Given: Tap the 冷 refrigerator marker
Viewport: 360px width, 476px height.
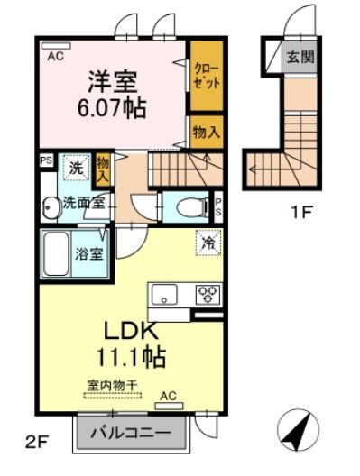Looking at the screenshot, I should point(207,243).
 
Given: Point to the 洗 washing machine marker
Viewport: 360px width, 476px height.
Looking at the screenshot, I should point(76,168).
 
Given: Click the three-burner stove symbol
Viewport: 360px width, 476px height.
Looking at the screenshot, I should point(208,294).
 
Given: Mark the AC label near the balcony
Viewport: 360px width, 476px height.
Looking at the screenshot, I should point(167,395).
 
